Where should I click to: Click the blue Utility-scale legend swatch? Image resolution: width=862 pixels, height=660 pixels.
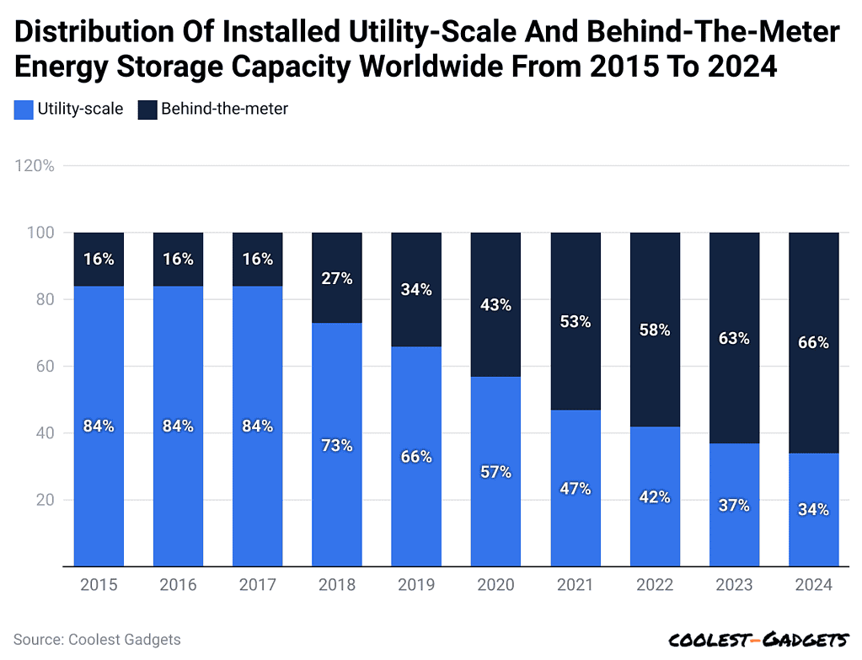[24, 109]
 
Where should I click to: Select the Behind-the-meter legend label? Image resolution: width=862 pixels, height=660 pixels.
[224, 109]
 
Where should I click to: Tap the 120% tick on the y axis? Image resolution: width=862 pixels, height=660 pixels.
[35, 166]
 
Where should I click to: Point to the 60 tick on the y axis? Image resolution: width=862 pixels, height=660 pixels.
[45, 367]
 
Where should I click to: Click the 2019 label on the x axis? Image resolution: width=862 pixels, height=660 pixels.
[417, 585]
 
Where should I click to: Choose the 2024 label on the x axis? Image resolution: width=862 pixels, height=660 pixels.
[813, 585]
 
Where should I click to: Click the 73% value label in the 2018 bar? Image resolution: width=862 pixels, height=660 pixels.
[337, 445]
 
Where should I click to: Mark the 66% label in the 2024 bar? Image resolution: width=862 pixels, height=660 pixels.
[813, 343]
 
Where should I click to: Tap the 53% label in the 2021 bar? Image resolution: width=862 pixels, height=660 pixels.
[576, 321]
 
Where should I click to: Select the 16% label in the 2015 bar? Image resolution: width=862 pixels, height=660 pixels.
[99, 260]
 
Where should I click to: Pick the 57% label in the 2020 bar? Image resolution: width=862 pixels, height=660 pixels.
[495, 472]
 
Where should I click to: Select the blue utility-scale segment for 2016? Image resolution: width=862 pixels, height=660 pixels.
[178, 489]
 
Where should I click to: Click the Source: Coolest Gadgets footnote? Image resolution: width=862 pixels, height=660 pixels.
[97, 640]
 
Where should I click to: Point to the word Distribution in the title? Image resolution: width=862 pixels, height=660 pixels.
[94, 33]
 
